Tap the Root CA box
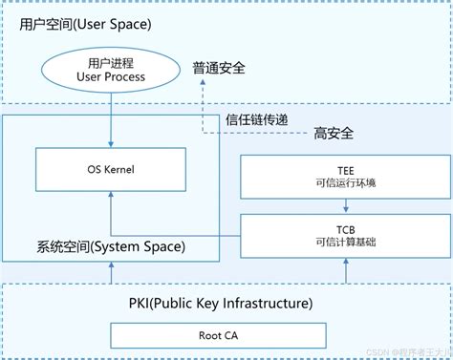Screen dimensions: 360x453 pyautogui.click(x=224, y=335)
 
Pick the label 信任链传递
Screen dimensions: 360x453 pyautogui.click(x=257, y=120)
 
